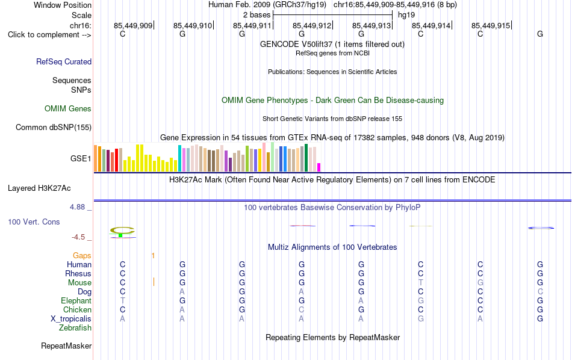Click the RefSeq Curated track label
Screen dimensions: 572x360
pyautogui.click(x=64, y=61)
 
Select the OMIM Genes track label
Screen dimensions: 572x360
pyautogui.click(x=68, y=109)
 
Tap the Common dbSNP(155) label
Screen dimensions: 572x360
pyautogui.click(x=54, y=127)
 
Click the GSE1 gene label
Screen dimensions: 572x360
pyautogui.click(x=81, y=158)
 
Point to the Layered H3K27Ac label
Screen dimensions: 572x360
pyautogui.click(x=39, y=188)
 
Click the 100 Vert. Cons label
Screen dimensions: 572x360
pyautogui.click(x=34, y=222)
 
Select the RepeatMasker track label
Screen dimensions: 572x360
pyautogui.click(x=66, y=346)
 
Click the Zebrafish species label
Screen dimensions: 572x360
pyautogui.click(x=75, y=328)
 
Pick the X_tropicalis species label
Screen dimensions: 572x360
pyautogui.click(x=71, y=319)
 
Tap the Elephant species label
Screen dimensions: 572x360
pyautogui.click(x=76, y=300)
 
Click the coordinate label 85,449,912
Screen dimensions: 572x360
pyautogui.click(x=312, y=25)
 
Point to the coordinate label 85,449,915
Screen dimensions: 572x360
pyautogui.click(x=491, y=25)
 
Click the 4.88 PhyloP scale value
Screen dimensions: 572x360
pyautogui.click(x=77, y=207)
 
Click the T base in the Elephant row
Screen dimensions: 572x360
pyautogui.click(x=123, y=300)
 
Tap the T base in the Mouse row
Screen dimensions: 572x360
pyautogui.click(x=421, y=283)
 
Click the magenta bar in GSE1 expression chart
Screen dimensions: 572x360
pyautogui.click(x=319, y=167)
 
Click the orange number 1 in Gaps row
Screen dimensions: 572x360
pyautogui.click(x=153, y=256)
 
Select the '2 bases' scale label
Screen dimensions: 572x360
pyautogui.click(x=257, y=15)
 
